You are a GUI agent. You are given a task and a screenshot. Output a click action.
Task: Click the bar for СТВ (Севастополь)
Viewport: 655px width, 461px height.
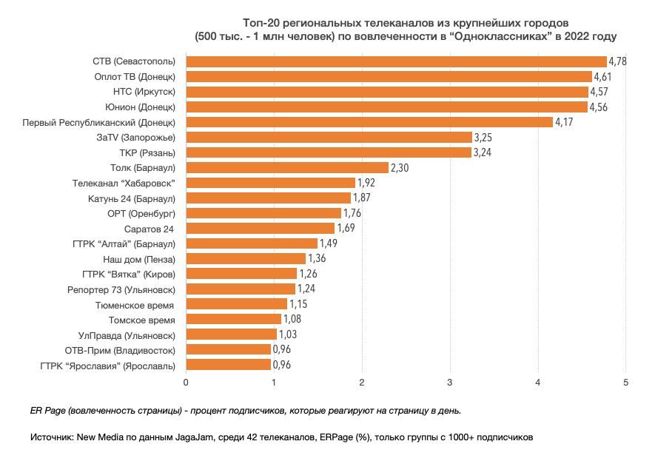tap(396, 61)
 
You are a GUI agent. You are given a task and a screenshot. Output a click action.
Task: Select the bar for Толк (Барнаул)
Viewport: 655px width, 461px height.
tap(287, 167)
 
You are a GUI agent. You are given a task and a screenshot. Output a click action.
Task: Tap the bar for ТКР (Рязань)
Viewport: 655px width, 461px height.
tap(329, 152)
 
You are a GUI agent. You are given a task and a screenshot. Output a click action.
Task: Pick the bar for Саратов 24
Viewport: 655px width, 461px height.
tap(260, 228)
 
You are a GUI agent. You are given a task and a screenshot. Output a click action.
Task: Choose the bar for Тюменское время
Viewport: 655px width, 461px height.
tap(236, 304)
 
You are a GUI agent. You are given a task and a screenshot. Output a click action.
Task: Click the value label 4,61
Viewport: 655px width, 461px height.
tap(604, 76)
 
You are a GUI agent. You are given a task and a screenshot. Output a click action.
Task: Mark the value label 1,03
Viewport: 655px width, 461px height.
tap(288, 334)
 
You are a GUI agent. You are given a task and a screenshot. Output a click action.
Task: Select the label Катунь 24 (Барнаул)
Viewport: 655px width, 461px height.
tap(131, 198)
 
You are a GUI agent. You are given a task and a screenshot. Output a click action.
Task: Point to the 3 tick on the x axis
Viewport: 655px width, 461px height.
tap(450, 382)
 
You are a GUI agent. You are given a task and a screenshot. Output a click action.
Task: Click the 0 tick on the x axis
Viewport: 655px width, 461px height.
tap(186, 382)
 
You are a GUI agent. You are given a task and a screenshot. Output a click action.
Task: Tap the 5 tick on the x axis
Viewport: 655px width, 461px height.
tap(626, 382)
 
